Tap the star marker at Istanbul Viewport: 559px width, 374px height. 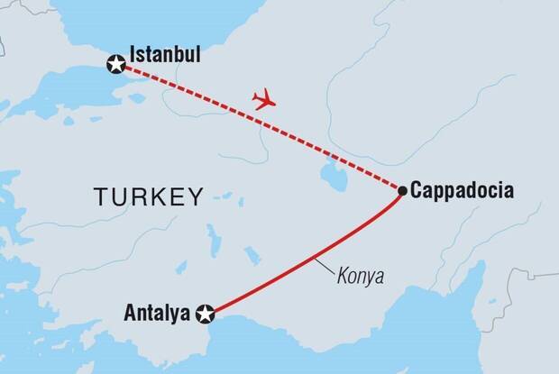116,65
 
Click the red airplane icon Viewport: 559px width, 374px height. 263,99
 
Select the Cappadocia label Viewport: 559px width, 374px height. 462,191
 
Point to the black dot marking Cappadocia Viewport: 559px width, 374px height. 402,190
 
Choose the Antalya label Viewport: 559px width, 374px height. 158,315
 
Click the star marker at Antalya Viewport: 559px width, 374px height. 206,315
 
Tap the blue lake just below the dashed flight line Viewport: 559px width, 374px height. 332,168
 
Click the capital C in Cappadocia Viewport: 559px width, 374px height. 416,191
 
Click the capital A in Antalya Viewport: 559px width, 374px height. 128,315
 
